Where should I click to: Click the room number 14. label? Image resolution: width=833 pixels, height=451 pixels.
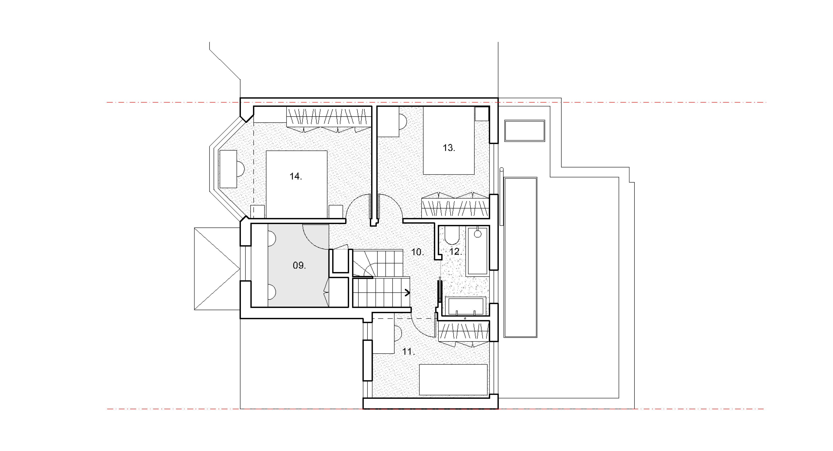(x=295, y=176)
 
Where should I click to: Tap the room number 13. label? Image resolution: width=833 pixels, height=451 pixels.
(x=449, y=148)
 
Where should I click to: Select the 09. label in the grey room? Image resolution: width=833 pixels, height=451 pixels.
(x=299, y=266)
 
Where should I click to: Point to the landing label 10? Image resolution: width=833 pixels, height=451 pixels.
(x=417, y=252)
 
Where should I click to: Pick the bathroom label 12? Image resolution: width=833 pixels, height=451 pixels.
(x=456, y=252)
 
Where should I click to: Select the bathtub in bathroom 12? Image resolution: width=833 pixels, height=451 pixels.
(x=478, y=251)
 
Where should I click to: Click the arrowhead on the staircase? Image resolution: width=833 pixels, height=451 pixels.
(x=407, y=293)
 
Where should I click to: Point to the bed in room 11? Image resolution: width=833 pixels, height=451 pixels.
(x=453, y=380)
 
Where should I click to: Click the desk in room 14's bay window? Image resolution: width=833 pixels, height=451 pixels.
(x=228, y=169)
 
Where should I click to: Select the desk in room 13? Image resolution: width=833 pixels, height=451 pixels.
(x=388, y=122)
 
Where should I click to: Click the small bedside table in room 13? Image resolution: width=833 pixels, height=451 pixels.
(x=482, y=114)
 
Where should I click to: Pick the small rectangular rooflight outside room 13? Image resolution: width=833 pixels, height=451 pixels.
(x=525, y=131)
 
